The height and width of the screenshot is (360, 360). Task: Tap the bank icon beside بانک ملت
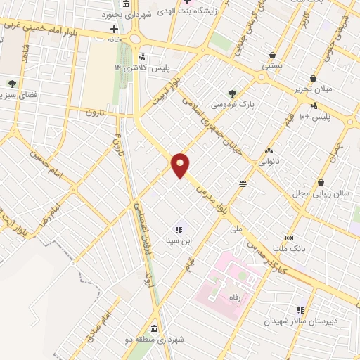[x=288, y=238]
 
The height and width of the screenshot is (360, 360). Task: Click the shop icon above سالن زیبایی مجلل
[x=321, y=182]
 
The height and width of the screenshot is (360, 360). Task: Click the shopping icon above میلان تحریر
[x=312, y=79]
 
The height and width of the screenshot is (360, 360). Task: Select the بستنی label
[x=271, y=65]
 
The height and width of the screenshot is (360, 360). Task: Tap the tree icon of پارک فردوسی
[x=232, y=93]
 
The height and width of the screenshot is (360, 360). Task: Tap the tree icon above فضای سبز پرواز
[x=12, y=84]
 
